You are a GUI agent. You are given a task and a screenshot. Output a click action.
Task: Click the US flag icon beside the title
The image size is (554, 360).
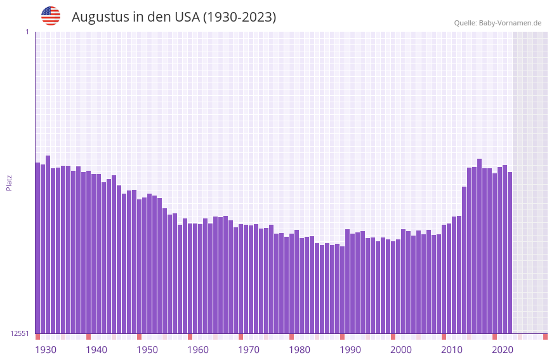[51, 16]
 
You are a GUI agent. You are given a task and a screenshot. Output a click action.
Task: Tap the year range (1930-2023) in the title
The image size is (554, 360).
[239, 17]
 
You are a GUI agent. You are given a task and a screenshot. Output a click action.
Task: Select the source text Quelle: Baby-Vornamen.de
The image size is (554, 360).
[498, 23]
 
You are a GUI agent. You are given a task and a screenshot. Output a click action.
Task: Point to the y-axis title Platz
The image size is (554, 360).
[9, 182]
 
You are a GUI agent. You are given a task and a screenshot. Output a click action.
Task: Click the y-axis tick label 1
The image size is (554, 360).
[27, 32]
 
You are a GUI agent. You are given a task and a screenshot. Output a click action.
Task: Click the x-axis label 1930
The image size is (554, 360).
[46, 350]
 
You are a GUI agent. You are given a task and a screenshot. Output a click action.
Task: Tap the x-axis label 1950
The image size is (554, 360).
[147, 350]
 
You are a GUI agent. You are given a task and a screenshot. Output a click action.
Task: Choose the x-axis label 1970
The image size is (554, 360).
[249, 350]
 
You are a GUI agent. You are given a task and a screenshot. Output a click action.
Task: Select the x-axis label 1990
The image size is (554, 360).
[350, 350]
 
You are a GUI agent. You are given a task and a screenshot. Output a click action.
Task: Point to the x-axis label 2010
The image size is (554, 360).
[452, 350]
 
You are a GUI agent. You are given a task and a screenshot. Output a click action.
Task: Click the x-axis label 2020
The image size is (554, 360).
[503, 350]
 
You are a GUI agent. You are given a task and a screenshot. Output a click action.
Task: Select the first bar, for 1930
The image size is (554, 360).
[37, 248]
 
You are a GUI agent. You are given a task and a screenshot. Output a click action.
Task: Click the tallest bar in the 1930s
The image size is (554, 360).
[48, 244]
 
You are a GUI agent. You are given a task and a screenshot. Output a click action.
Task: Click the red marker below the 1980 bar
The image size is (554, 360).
[291, 337]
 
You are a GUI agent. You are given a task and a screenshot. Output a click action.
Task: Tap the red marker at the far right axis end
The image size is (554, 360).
[545, 337]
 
